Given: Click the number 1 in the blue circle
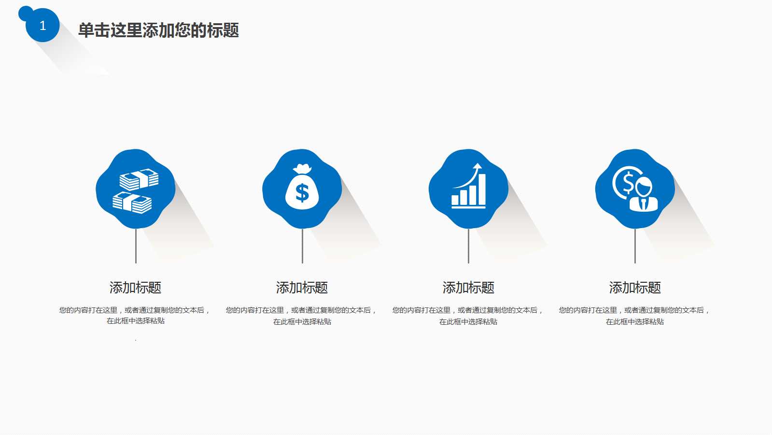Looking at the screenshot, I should pos(42,26).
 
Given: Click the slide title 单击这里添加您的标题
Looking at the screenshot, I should pos(158,30).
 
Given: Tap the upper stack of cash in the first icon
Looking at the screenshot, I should pos(139,179).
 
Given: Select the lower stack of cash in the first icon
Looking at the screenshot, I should pos(132,203).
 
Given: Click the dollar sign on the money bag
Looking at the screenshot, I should pos(302,193).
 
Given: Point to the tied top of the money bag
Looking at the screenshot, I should pos(302,169).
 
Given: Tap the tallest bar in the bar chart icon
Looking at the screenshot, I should pos(481,189).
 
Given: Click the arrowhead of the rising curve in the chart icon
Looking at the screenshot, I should pos(477,166).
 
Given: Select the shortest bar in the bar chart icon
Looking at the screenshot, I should pos(455,200).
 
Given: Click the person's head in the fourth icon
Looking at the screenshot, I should pos(644,186).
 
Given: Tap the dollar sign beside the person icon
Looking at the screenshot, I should pos(627,183).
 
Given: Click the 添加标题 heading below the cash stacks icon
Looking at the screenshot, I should pos(135,288).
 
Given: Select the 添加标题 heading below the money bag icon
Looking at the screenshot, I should pos(302,288).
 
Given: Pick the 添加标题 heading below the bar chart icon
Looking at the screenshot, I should pos(468,288).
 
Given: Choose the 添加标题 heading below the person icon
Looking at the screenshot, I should pos(635,288).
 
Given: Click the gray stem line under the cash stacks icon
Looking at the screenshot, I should pos(136,246).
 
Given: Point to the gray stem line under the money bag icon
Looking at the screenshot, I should pos(302,246).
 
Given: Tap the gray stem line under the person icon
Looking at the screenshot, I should pos(635,246).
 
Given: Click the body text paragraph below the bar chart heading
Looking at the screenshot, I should pos(468,316).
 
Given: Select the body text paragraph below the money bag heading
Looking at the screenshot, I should pos(302,316).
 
